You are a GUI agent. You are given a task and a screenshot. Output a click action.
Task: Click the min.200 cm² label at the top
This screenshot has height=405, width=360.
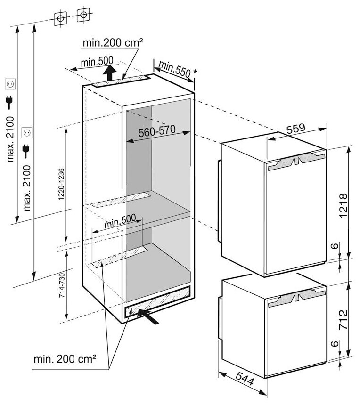coord(112,43)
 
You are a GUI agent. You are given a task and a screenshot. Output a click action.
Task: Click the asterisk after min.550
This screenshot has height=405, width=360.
coord(195,71)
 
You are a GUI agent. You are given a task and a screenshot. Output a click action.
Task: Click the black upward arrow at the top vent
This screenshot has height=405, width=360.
coord(109,74)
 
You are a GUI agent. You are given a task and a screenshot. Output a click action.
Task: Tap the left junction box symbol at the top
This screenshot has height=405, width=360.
coord(61,17)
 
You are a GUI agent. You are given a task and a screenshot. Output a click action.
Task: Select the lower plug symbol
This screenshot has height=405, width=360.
coord(27,150)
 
